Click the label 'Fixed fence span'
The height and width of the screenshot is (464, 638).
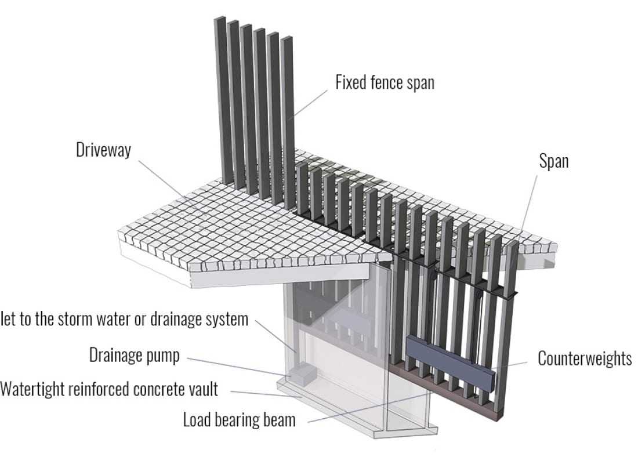click(385, 82)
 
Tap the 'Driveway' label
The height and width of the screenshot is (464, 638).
click(104, 150)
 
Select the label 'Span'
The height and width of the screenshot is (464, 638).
click(553, 161)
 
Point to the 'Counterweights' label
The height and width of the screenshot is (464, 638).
click(585, 358)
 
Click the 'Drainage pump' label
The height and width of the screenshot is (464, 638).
click(134, 355)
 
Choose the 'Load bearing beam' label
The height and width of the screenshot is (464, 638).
click(239, 419)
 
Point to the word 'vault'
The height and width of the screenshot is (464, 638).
click(202, 389)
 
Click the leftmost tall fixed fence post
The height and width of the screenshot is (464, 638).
click(220, 99)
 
